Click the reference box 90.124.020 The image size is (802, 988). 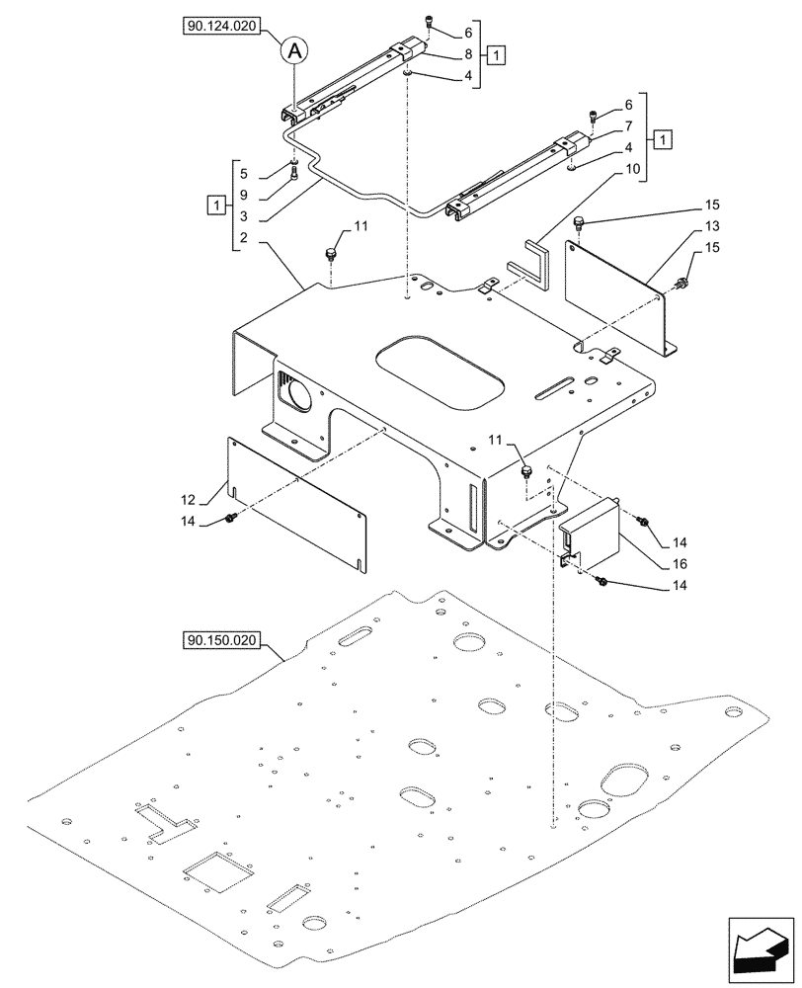[220, 30]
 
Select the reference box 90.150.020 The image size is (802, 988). [220, 640]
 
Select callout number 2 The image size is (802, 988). [243, 239]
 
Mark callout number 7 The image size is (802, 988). [627, 126]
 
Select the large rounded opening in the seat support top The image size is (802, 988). [441, 371]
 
